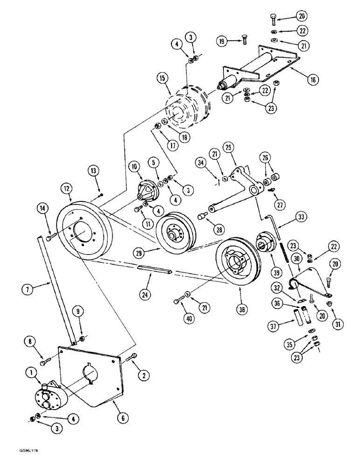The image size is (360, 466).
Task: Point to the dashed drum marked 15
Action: pos(189,112)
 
